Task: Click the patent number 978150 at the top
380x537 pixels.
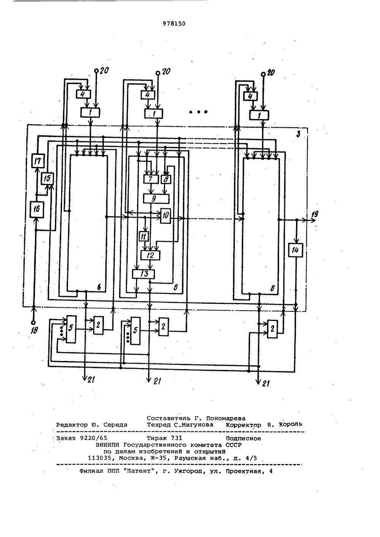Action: point(174,24)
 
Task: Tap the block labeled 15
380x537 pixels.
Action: point(47,178)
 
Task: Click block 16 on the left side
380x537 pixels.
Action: point(37,209)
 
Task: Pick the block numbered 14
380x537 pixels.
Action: point(295,250)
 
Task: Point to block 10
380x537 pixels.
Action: point(166,216)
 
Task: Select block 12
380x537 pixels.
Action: point(150,255)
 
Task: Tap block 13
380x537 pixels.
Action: point(144,274)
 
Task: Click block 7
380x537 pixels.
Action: point(151,179)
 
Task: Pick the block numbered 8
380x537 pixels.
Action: point(166,179)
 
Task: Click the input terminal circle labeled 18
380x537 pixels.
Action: point(33,323)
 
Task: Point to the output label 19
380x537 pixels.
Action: point(315,214)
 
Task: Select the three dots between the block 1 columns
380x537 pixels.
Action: point(198,112)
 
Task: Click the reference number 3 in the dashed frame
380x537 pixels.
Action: point(298,134)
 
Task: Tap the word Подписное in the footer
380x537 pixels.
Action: point(243,439)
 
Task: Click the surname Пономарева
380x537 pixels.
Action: point(226,419)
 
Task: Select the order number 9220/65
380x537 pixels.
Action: point(93,438)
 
